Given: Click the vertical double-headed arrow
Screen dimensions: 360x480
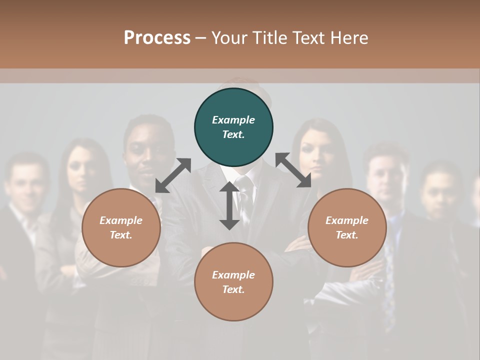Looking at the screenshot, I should (x=229, y=205).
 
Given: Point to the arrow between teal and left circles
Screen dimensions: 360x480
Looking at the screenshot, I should (x=173, y=175).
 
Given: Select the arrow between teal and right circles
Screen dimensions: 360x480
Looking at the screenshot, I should (x=293, y=170).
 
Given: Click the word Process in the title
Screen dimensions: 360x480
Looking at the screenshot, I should (x=157, y=37).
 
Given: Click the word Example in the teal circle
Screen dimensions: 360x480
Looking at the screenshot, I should (x=233, y=120).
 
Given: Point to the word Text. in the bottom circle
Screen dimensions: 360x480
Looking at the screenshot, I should (x=233, y=289).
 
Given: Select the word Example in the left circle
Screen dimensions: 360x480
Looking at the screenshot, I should (x=121, y=220).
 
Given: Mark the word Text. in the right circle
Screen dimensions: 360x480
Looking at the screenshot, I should (x=347, y=235).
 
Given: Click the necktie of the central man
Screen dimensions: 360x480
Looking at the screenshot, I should (x=244, y=195).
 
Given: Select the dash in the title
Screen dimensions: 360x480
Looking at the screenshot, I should (x=200, y=38).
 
